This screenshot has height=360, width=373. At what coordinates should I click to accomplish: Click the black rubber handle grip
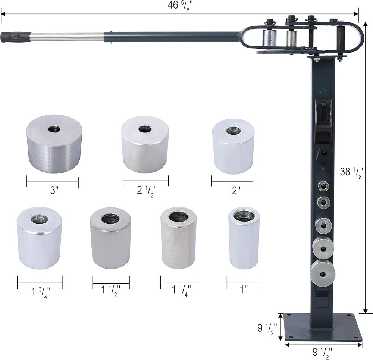pyautogui.click(x=16, y=37)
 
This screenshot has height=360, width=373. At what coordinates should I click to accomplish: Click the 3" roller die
pyautogui.click(x=54, y=144)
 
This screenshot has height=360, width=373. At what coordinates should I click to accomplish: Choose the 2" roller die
pyautogui.click(x=233, y=146)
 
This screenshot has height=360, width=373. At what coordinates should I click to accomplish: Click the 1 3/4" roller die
pyautogui.click(x=40, y=238)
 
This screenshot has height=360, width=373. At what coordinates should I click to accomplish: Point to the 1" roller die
pyautogui.click(x=244, y=238)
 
